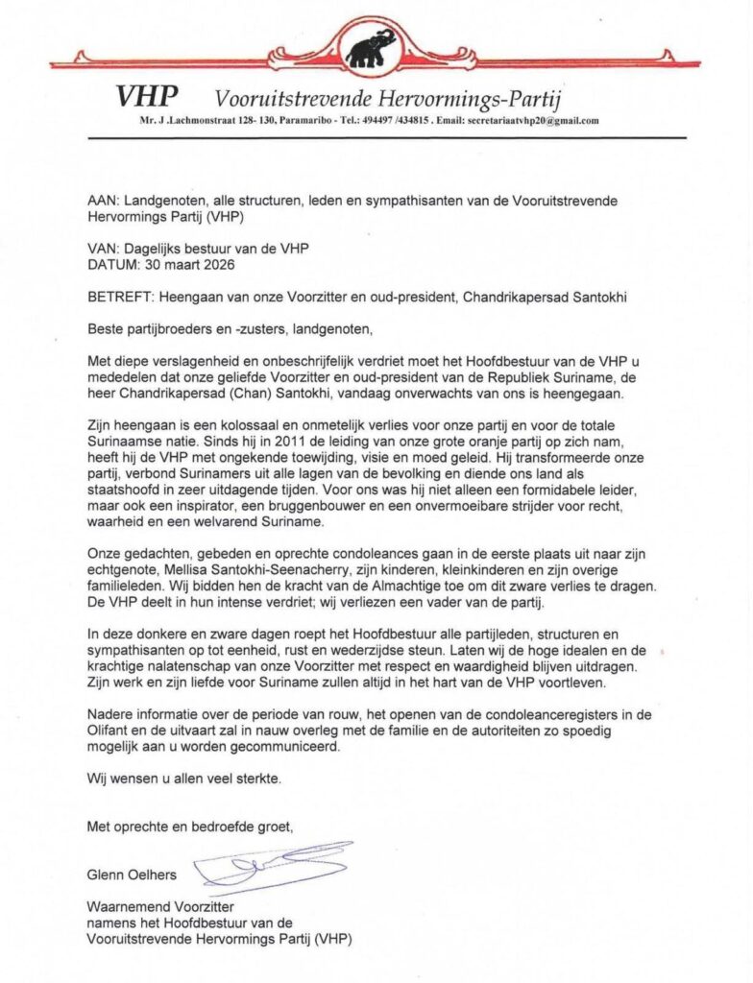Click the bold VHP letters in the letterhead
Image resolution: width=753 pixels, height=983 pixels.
pyautogui.click(x=147, y=96)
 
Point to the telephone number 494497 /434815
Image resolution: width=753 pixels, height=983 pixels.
pyautogui.click(x=394, y=121)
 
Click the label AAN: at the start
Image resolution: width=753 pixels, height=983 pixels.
pyautogui.click(x=102, y=203)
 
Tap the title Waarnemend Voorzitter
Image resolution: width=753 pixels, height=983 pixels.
pyautogui.click(x=160, y=907)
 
